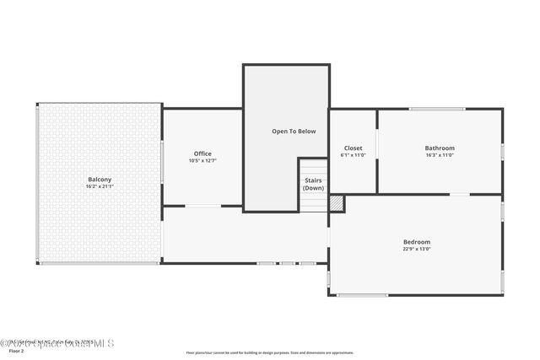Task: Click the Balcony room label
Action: pyautogui.click(x=100, y=179)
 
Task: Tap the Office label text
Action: pyautogui.click(x=202, y=153)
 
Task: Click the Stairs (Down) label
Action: pyautogui.click(x=313, y=184)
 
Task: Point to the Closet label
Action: pyautogui.click(x=353, y=148)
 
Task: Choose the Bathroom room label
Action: pyautogui.click(x=440, y=148)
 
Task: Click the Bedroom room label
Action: pyautogui.click(x=417, y=242)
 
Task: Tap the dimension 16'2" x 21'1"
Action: pyautogui.click(x=100, y=186)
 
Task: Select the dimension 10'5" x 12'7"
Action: pyautogui.click(x=202, y=160)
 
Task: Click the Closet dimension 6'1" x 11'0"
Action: pyautogui.click(x=353, y=155)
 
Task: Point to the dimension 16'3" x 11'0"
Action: pyautogui.click(x=440, y=155)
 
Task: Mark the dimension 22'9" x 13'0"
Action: pyautogui.click(x=417, y=250)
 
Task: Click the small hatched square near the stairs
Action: pyautogui.click(x=336, y=203)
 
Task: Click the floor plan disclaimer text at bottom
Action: pyautogui.click(x=270, y=352)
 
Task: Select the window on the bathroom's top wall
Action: pyautogui.click(x=437, y=109)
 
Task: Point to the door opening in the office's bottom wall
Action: pyautogui.click(x=202, y=206)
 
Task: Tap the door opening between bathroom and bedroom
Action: pyautogui.click(x=459, y=195)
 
